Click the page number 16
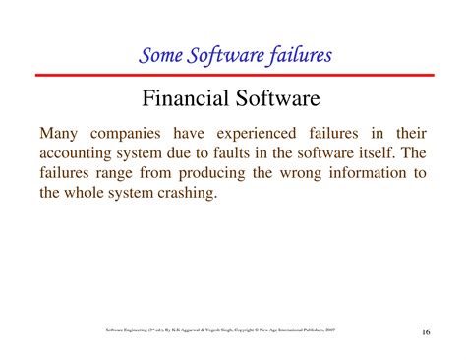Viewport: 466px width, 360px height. pos(425,331)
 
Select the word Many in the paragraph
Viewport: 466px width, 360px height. pos(60,133)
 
